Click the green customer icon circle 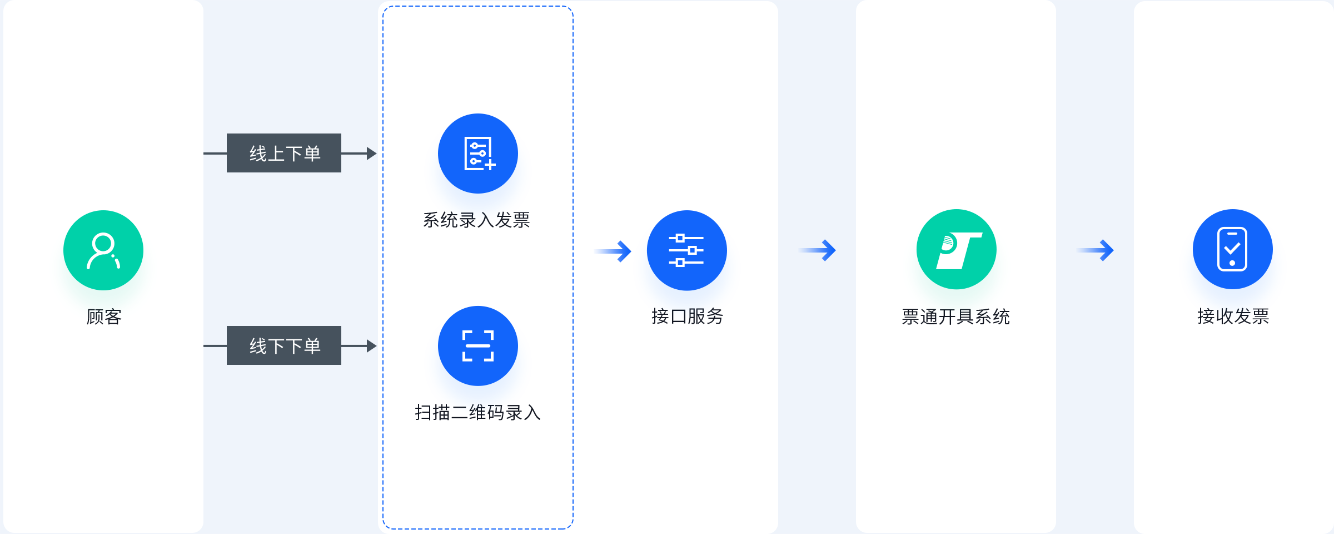click(x=103, y=250)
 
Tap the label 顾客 click(x=104, y=317)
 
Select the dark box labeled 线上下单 click(x=284, y=153)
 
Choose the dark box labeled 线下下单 click(x=284, y=345)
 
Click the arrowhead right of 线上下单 click(x=372, y=154)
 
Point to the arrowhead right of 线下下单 click(x=372, y=346)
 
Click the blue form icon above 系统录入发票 click(x=478, y=154)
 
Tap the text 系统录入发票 click(x=476, y=220)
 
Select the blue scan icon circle click(x=478, y=346)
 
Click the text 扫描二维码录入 click(x=477, y=413)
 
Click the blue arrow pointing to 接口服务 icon click(x=613, y=251)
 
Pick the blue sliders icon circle click(x=687, y=250)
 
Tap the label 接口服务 click(x=687, y=317)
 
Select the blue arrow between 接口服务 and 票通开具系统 click(x=817, y=250)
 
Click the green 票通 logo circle click(x=957, y=249)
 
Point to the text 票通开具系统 click(x=955, y=317)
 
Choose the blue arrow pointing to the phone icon click(x=1095, y=250)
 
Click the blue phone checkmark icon click(x=1233, y=249)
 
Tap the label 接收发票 click(x=1233, y=317)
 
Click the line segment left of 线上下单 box click(x=215, y=154)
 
